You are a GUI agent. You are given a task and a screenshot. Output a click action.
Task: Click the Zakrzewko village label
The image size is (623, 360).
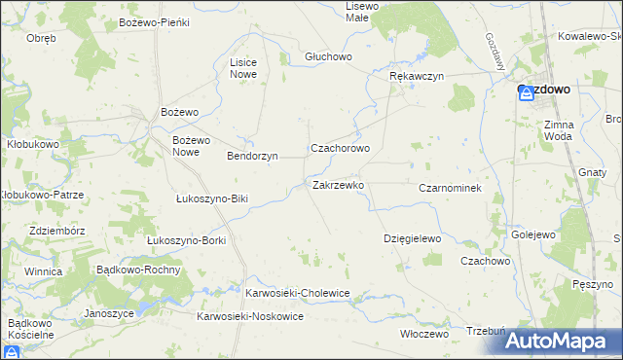(x=338, y=185)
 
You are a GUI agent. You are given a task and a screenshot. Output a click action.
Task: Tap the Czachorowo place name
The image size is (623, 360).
(x=340, y=149)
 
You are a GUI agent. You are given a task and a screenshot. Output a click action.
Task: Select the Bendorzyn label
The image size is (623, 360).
(x=252, y=156)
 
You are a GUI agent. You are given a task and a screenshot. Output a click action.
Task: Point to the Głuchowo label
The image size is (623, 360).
(x=326, y=56)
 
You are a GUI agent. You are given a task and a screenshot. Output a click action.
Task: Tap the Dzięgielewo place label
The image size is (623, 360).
(x=413, y=238)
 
